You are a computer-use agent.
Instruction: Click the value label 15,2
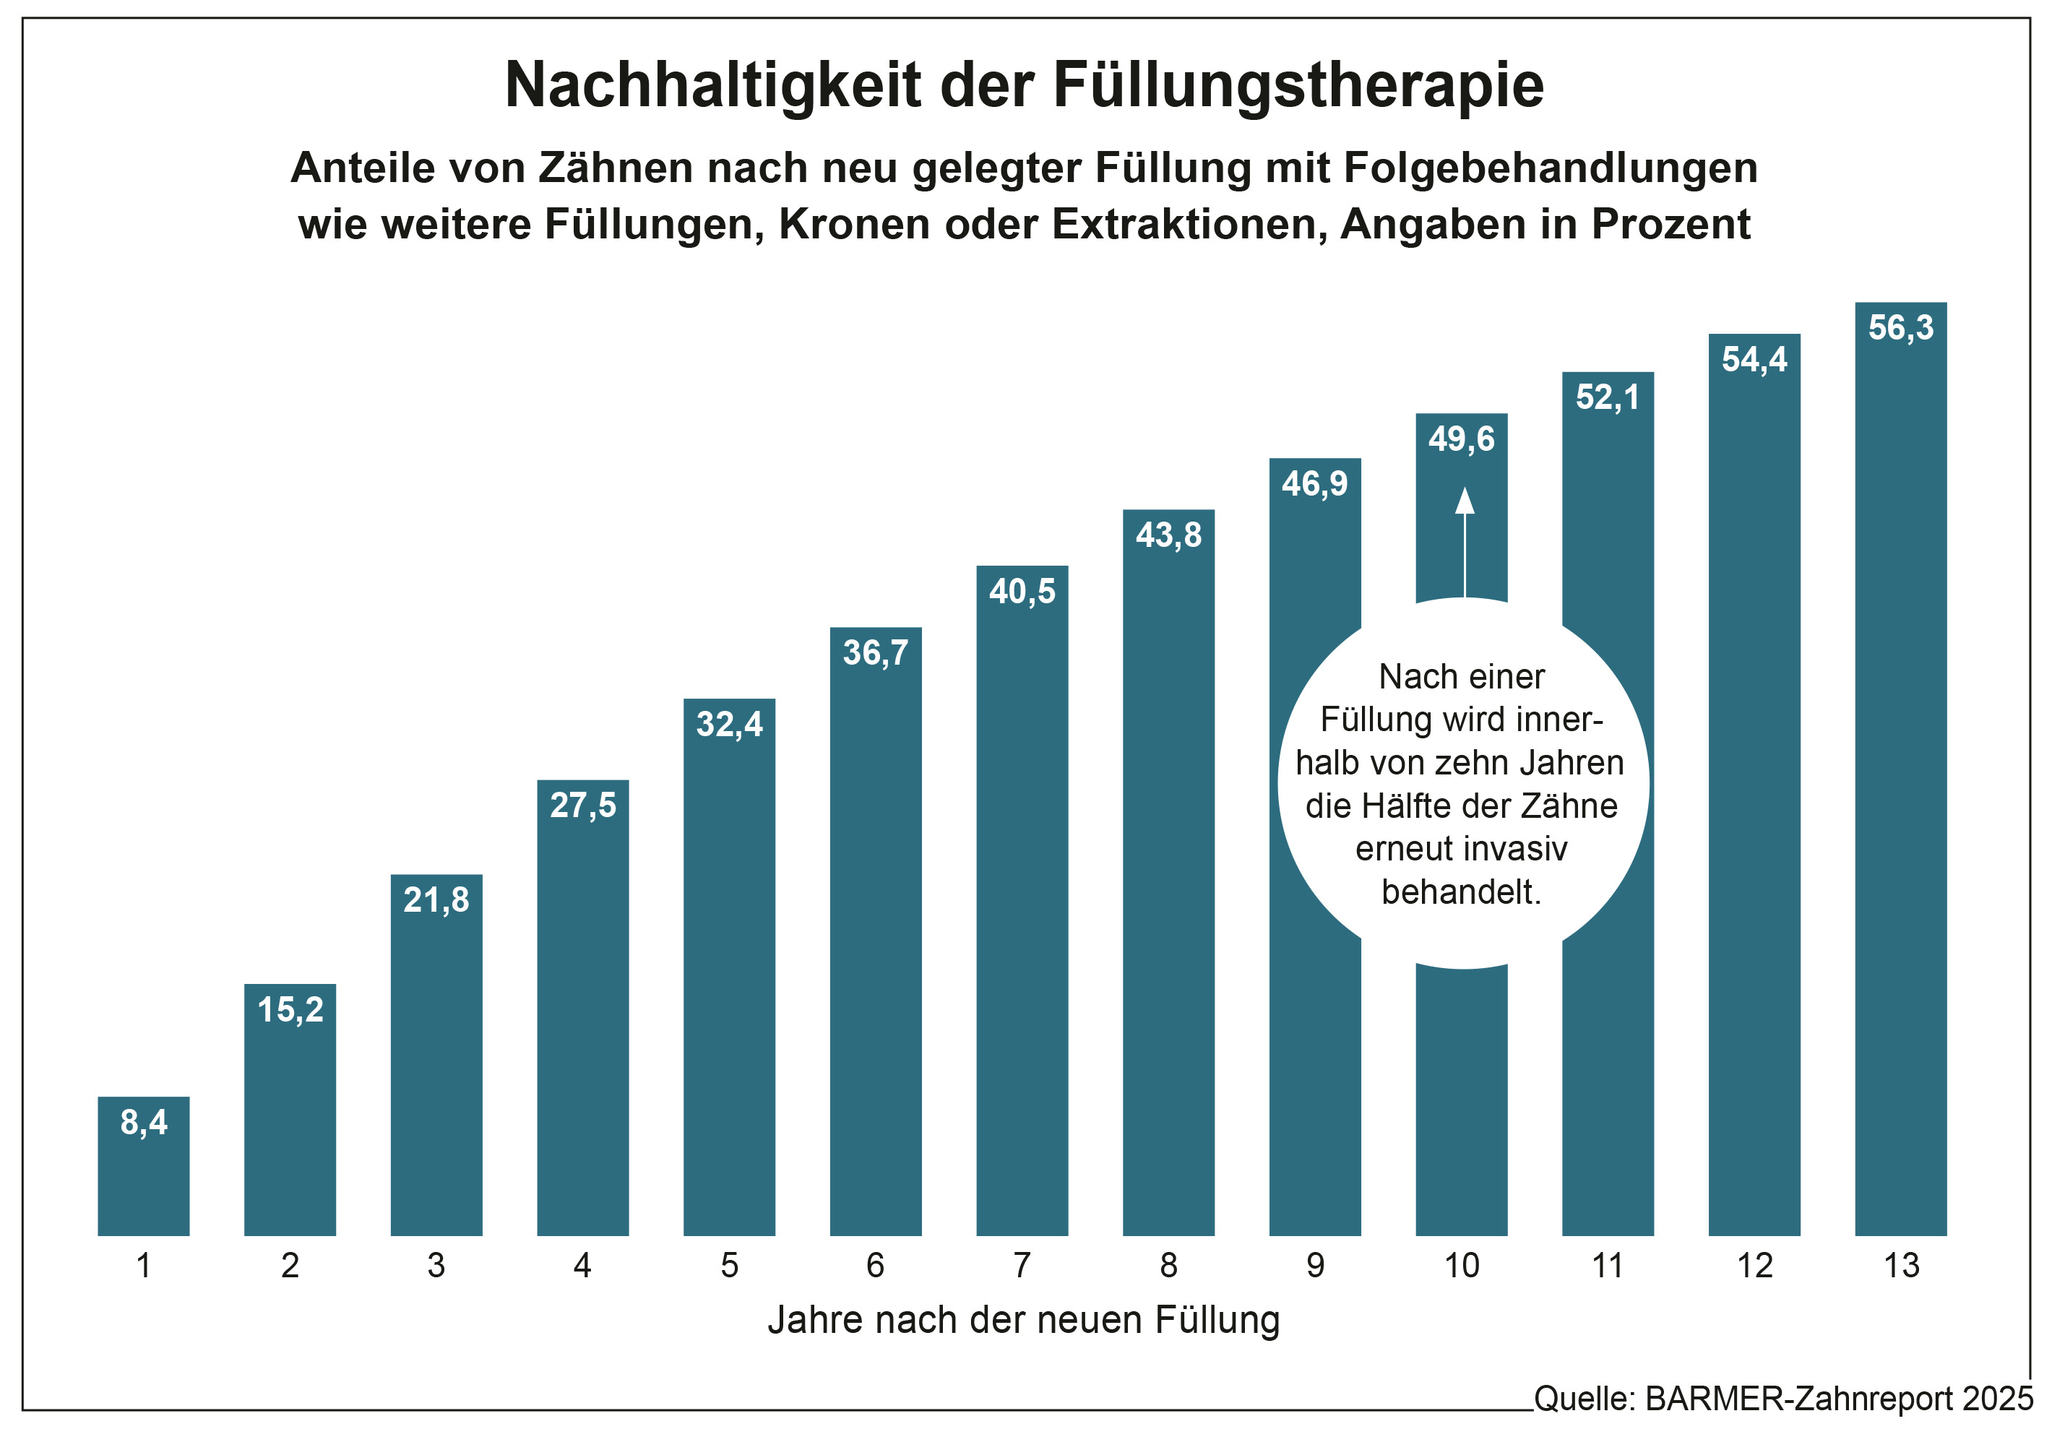point(290,1010)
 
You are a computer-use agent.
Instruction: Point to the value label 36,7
point(876,653)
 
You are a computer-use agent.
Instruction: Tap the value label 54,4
point(1754,359)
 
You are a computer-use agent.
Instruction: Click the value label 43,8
point(1168,535)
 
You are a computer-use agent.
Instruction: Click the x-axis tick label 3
point(436,1266)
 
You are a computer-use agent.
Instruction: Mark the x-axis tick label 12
point(1754,1266)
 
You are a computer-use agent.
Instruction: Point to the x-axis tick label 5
point(729,1266)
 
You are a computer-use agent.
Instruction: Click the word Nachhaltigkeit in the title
point(712,86)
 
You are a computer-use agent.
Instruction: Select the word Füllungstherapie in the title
point(1298,86)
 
